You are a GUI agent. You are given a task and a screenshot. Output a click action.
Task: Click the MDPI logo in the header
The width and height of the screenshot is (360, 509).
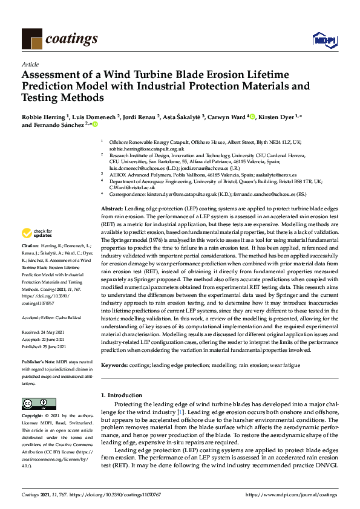coord(320,40)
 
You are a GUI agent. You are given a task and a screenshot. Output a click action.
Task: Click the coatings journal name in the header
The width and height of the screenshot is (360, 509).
coord(71,39)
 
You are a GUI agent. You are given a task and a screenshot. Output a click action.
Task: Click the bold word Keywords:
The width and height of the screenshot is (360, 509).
coord(114,365)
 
